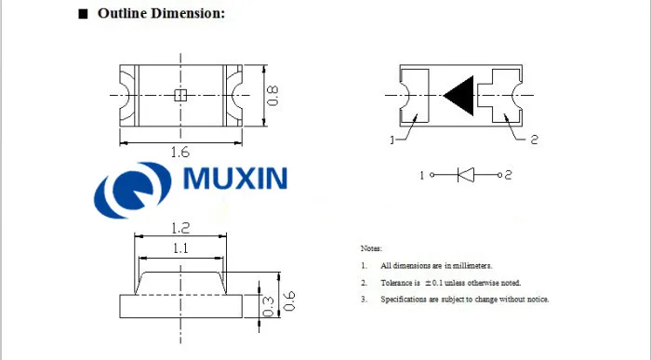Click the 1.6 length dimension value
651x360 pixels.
point(180,153)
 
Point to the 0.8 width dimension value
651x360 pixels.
point(272,96)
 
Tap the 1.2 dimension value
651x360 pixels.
point(180,228)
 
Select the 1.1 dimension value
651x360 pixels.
point(180,248)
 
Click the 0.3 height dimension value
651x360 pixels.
point(269,306)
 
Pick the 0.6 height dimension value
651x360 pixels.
point(289,301)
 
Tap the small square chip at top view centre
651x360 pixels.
point(180,96)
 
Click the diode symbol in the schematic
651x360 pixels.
point(466,175)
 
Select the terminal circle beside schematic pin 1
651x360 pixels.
point(432,175)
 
